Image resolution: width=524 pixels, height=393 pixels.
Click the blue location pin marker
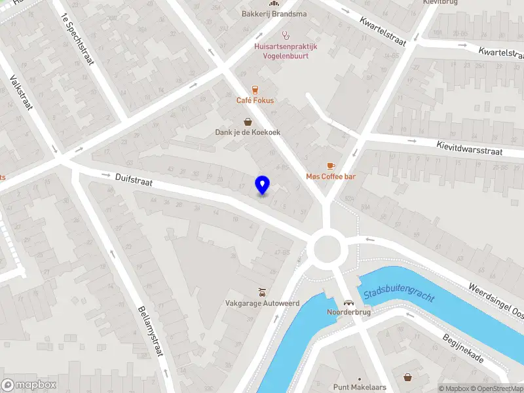(262, 185)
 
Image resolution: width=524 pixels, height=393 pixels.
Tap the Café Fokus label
(255, 101)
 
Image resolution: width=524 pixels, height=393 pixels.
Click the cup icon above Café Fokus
(255, 90)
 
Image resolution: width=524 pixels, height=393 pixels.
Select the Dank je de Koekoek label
(248, 132)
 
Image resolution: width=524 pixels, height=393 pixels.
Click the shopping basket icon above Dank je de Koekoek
(248, 121)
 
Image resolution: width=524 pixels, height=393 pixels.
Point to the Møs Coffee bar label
(331, 177)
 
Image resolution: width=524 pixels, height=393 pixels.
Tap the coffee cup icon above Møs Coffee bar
(331, 166)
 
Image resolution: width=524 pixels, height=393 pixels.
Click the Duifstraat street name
(133, 180)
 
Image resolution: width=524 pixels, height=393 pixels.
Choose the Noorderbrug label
(350, 312)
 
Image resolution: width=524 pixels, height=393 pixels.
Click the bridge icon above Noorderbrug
(350, 302)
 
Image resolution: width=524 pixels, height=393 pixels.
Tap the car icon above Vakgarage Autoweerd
(262, 291)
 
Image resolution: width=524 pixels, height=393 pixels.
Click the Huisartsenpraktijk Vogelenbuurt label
(286, 51)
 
